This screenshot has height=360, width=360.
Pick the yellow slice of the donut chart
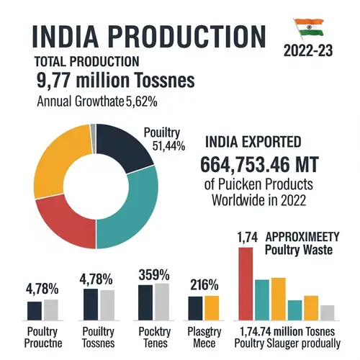tap(50, 156)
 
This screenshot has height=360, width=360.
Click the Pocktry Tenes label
tap(153, 338)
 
